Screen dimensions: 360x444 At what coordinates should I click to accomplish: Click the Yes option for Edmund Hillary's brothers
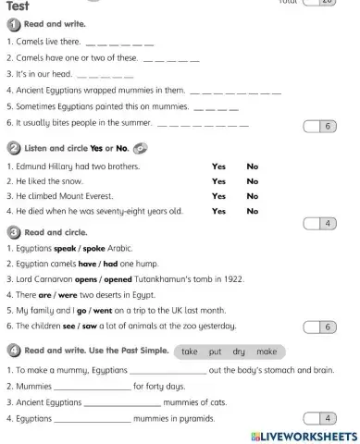click(x=218, y=166)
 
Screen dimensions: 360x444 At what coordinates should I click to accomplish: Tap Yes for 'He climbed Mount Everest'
click(x=218, y=196)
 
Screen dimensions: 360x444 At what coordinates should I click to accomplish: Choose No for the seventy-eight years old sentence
click(x=252, y=211)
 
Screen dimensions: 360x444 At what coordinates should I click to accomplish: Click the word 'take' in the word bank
click(x=191, y=351)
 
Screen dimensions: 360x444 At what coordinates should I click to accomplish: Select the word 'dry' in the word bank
click(x=238, y=351)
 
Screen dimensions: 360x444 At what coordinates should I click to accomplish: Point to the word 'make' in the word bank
click(x=267, y=351)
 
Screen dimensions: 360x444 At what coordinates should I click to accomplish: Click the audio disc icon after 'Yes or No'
click(x=140, y=147)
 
